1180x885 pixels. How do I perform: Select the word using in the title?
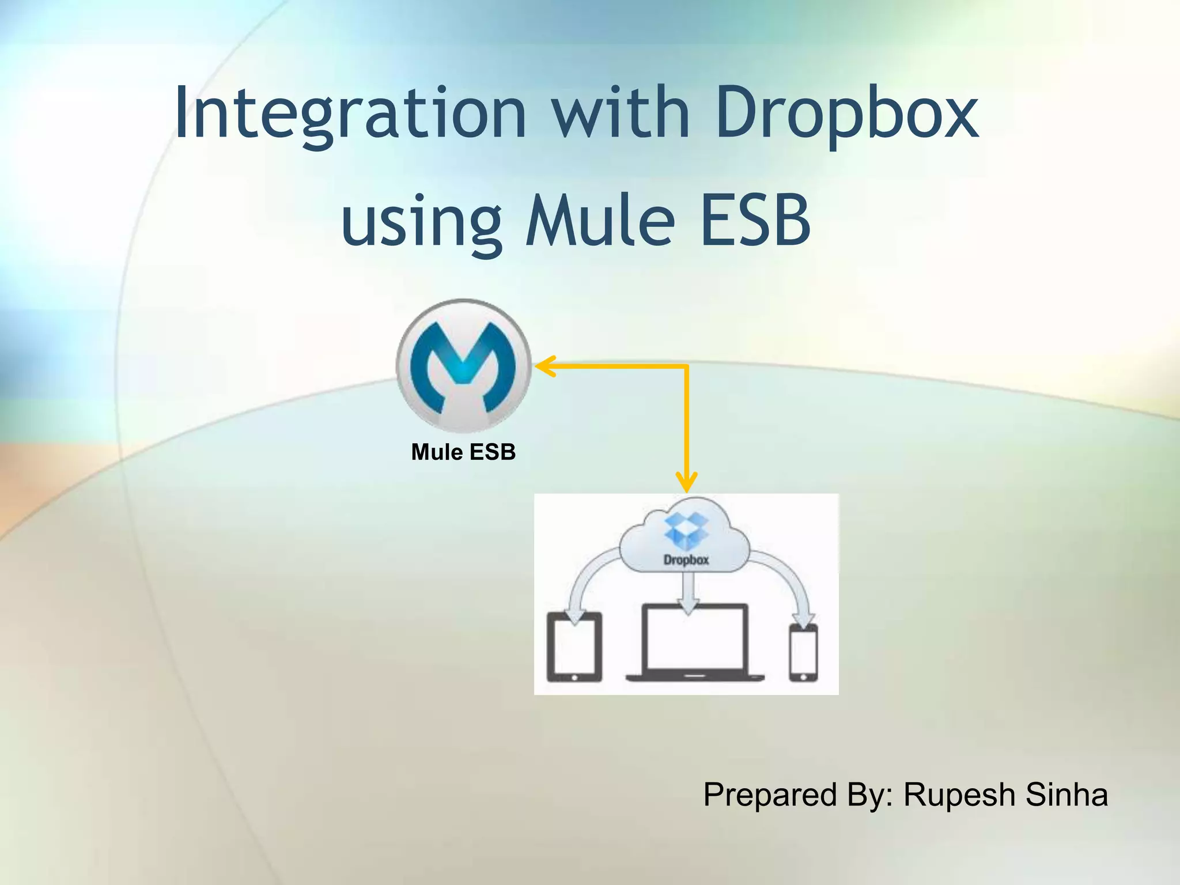click(x=421, y=222)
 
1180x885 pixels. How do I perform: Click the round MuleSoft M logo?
click(x=463, y=366)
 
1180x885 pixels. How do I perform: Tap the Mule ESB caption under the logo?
click(x=463, y=452)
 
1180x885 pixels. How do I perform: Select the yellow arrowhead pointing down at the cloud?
click(x=686, y=483)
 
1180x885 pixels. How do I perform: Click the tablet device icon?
click(x=574, y=647)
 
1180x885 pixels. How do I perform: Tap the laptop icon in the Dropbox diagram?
click(x=695, y=642)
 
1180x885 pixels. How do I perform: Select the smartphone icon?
click(x=803, y=653)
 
